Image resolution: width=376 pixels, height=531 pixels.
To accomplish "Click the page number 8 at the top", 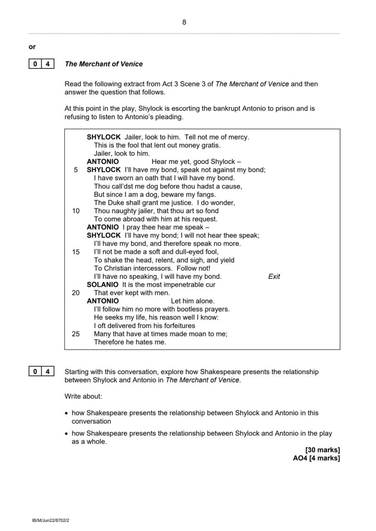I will [184, 22].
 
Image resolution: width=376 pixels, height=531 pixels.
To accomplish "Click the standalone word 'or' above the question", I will [32, 47].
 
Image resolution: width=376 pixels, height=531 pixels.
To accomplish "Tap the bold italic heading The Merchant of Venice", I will [104, 64].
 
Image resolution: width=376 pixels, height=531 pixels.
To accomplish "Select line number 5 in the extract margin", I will [76, 170].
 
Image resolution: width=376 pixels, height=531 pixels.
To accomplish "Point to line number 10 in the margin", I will [75, 211].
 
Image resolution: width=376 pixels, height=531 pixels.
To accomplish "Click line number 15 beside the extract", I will [75, 252].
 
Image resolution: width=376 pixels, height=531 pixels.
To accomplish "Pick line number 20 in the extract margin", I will [75, 293].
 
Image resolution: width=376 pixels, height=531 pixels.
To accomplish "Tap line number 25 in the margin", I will [75, 334].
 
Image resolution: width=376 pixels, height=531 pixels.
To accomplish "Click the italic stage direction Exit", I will [274, 277].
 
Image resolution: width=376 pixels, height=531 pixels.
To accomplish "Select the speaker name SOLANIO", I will [103, 285].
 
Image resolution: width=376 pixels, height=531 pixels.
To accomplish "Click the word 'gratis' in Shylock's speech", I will [210, 145].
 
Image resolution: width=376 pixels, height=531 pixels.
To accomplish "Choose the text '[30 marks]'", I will [322, 450].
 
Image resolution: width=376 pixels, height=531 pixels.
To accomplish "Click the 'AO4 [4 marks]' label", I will [316, 458].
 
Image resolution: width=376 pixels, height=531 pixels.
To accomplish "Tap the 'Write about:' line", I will [83, 396].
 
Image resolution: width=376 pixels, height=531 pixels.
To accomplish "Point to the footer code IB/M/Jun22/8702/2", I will [50, 521].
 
